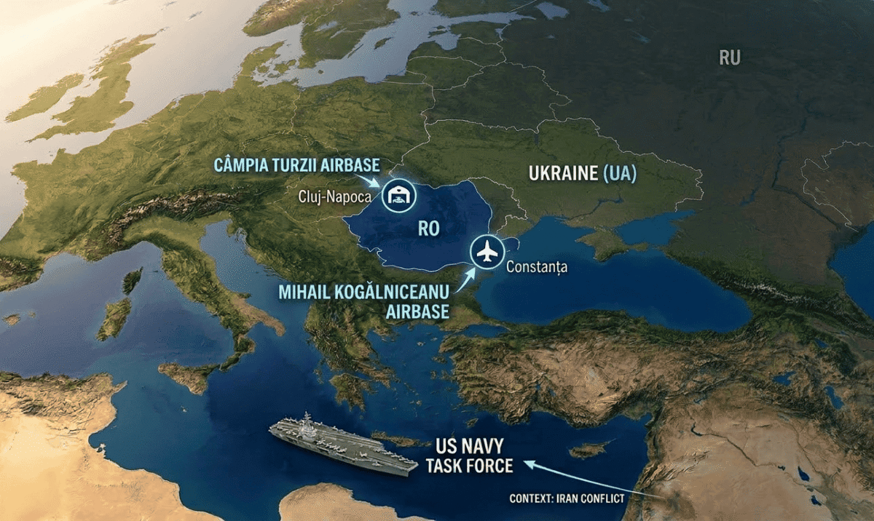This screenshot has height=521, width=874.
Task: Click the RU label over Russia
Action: coord(729,57)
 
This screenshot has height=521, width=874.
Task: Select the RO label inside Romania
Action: coord(429,228)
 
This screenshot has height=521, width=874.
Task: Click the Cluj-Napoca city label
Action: coord(335,196)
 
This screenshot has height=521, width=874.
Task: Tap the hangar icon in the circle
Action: coord(398,196)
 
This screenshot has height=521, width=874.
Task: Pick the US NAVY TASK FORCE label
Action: coord(470,456)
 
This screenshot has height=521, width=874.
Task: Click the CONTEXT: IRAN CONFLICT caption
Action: coord(567,499)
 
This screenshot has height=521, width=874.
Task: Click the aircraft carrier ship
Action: coord(342,445)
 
